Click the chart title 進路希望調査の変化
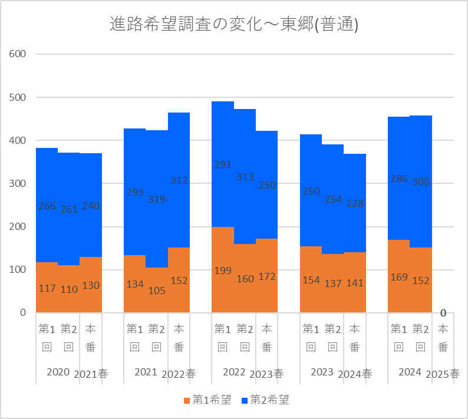tap(234, 25)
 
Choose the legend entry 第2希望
tap(265, 400)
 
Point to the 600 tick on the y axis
tap(18, 54)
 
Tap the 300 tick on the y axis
tap(18, 183)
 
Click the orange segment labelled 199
tap(223, 259)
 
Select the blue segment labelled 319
tap(157, 177)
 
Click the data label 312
tap(179, 180)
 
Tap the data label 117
tap(47, 289)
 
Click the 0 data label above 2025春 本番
tap(443, 313)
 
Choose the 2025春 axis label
tap(443, 373)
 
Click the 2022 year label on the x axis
tap(234, 372)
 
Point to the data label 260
tap(311, 191)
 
